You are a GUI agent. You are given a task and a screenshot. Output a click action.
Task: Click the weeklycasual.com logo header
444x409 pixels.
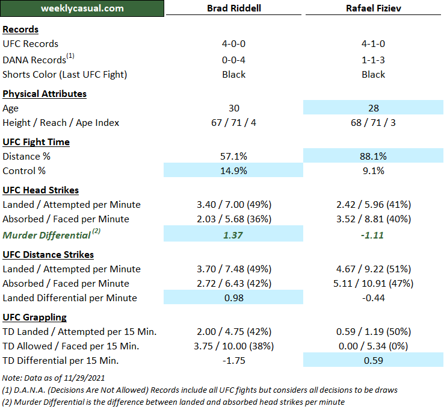click(x=82, y=8)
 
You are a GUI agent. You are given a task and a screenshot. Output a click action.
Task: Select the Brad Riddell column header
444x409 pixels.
click(x=233, y=8)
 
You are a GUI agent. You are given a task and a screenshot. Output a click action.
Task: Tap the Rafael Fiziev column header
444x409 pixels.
click(x=373, y=8)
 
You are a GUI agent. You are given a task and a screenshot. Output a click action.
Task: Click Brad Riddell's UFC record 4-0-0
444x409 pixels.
click(x=233, y=43)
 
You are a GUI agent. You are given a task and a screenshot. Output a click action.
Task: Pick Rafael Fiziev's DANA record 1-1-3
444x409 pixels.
click(x=373, y=60)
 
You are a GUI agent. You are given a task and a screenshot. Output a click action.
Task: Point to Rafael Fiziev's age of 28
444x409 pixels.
click(x=373, y=108)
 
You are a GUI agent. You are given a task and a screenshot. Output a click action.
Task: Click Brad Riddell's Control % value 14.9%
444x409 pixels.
click(x=233, y=170)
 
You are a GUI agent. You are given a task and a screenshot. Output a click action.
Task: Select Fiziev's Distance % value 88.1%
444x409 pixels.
click(x=373, y=156)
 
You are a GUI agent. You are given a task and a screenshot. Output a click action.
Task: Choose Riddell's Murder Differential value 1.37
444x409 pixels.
click(x=233, y=235)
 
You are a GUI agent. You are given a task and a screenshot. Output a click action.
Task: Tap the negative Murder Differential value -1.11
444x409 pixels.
click(x=373, y=235)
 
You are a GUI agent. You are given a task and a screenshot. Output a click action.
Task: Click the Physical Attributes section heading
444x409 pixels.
click(x=45, y=94)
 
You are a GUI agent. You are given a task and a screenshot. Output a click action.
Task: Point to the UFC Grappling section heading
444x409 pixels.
click(x=34, y=317)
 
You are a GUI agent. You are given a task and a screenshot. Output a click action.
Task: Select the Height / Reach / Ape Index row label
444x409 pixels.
click(x=61, y=123)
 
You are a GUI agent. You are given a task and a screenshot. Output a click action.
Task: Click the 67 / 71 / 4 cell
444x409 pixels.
click(x=233, y=123)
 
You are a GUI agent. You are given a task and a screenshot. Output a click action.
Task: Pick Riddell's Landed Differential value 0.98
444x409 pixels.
click(x=233, y=298)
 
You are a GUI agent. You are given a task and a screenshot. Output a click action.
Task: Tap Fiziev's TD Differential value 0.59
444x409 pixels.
click(x=373, y=361)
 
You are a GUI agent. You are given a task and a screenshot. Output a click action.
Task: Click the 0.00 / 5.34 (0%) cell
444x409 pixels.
click(x=373, y=346)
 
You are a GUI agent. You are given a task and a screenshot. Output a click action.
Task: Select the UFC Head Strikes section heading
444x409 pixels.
click(x=40, y=190)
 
